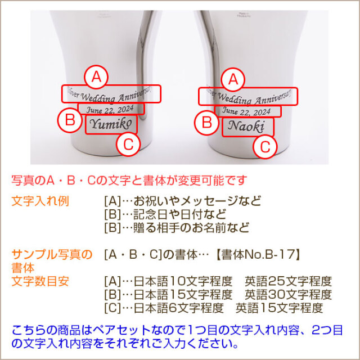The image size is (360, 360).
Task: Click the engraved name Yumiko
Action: coord(111,124)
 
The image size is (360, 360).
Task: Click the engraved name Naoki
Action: coord(248,127)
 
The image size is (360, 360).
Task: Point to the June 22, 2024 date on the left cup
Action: coord(111,109)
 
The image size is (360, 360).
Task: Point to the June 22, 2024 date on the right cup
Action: coord(247,111)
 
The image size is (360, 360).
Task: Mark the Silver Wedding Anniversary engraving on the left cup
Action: coord(111,93)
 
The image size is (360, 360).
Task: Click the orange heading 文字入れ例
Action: coord(40,201)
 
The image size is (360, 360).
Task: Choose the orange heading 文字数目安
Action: coord(40,281)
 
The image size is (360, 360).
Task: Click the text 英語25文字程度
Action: coord(288,281)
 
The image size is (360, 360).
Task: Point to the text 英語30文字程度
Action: coord(288,294)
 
